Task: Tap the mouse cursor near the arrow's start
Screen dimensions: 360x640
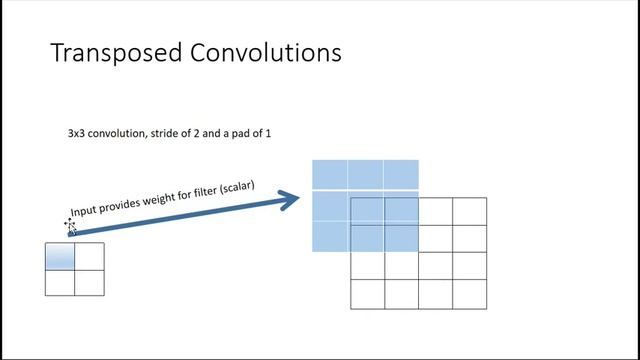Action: (71, 226)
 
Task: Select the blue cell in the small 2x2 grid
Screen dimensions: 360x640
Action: (60, 257)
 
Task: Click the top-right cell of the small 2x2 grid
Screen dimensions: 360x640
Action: (89, 257)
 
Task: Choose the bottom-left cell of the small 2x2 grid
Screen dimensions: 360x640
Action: (60, 283)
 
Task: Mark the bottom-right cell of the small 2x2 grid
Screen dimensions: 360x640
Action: (89, 283)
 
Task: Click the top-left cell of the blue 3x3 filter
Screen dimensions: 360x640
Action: (330, 175)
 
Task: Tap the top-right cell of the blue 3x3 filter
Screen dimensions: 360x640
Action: (401, 175)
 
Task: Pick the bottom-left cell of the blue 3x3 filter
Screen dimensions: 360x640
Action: (330, 237)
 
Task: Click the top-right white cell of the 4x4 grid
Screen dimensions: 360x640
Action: (470, 211)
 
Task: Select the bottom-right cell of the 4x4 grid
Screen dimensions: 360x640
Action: (470, 294)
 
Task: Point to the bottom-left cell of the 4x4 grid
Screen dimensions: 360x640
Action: (368, 294)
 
